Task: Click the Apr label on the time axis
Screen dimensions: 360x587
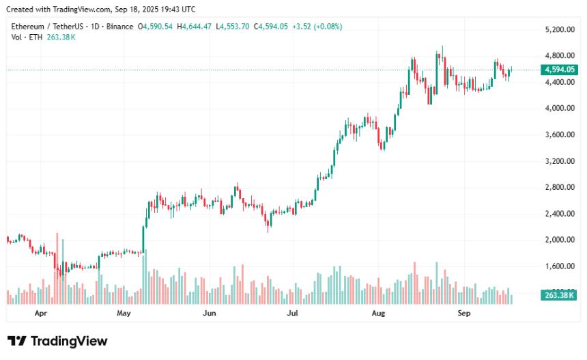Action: point(40,314)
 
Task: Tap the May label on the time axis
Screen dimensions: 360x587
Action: point(124,314)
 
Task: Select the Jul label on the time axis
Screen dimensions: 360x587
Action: point(293,314)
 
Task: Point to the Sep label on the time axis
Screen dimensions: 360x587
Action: point(464,314)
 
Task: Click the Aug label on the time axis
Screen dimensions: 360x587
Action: point(379,314)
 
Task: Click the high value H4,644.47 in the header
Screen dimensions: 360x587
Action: point(195,27)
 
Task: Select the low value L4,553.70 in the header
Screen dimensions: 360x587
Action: point(233,27)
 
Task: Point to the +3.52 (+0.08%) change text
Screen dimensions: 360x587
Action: point(317,27)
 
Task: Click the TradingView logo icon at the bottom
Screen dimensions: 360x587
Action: point(17,341)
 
